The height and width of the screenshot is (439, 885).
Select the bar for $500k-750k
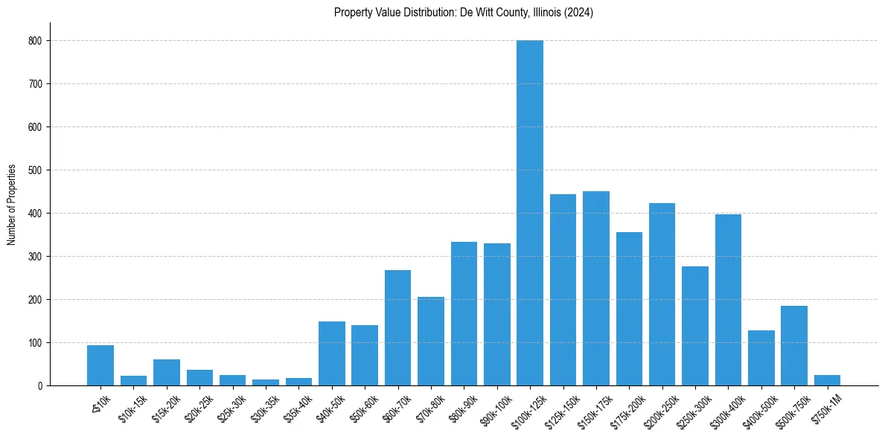coord(794,346)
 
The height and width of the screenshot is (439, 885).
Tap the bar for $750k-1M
coord(827,380)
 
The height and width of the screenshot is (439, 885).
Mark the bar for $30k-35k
coord(266,382)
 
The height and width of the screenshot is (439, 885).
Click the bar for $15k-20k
coord(167,373)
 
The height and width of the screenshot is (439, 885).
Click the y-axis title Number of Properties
coord(12,204)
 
